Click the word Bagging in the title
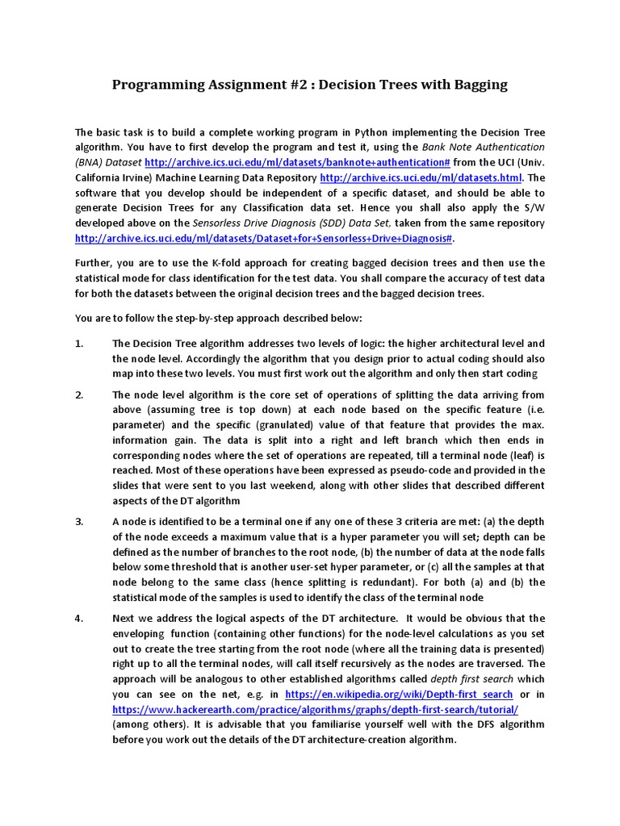[x=475, y=85]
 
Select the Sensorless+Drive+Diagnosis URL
[x=265, y=239]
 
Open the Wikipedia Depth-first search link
[x=398, y=694]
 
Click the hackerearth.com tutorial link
[x=315, y=709]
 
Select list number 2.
[x=79, y=394]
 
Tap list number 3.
[x=79, y=521]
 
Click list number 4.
[x=79, y=618]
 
